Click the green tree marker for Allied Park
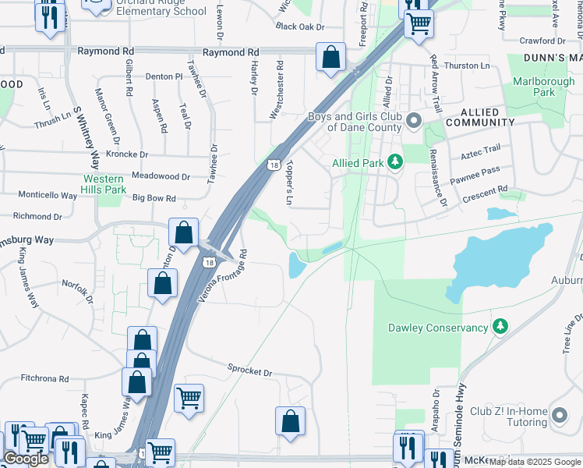[x=397, y=162]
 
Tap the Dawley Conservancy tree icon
[x=500, y=328]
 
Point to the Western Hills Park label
[x=104, y=184]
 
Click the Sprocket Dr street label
[x=249, y=373]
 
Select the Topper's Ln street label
[x=288, y=184]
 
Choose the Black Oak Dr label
[x=299, y=27]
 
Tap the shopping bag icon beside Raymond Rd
[x=330, y=58]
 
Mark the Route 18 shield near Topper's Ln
[x=273, y=165]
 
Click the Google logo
[x=26, y=459]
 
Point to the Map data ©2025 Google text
[x=535, y=462]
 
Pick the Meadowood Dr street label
[x=161, y=176]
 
